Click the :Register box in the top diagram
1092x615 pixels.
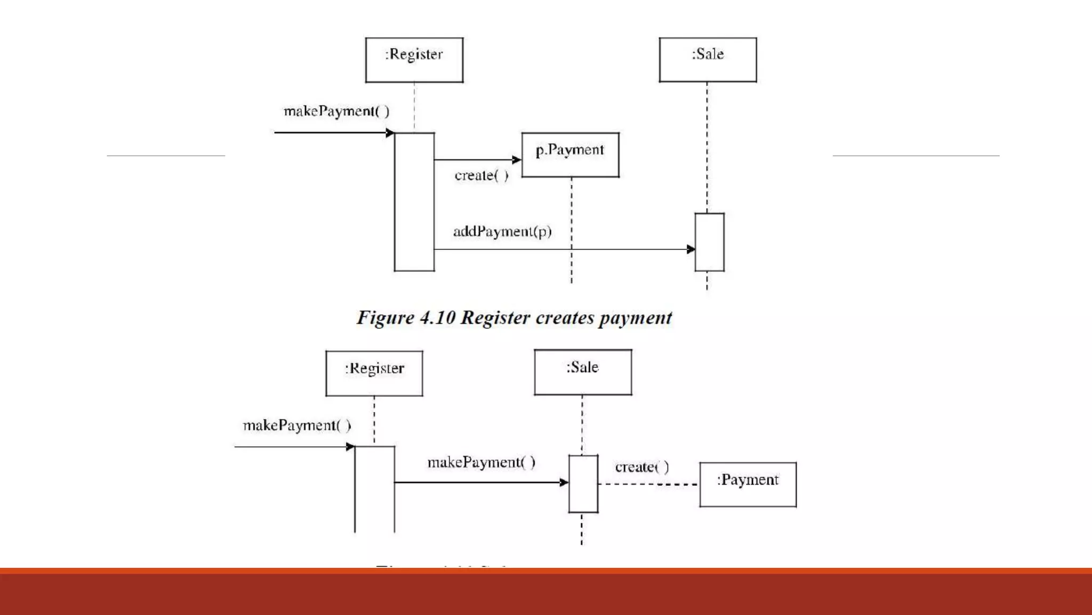tap(414, 60)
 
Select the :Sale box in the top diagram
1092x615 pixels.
tap(708, 60)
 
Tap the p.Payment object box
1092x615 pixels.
tap(570, 155)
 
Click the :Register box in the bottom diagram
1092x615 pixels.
tap(374, 373)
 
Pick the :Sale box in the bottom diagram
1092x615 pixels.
tap(583, 372)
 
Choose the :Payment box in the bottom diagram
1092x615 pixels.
tap(748, 484)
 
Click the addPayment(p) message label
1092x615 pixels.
tap(502, 232)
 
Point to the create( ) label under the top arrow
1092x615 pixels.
tap(481, 176)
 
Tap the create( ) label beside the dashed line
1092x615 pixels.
tap(642, 468)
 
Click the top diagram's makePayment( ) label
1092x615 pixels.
tap(336, 112)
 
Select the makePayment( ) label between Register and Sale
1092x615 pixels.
tap(481, 462)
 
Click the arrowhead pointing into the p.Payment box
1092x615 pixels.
tap(516, 160)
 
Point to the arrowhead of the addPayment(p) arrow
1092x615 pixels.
tap(690, 249)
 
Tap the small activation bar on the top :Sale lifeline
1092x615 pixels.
tap(709, 242)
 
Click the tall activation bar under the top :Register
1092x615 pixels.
tap(414, 202)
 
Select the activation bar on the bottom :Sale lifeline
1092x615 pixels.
tap(583, 484)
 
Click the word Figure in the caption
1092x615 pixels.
tap(385, 318)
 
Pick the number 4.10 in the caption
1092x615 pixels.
tap(437, 318)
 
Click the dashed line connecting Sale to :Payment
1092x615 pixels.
tap(648, 484)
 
